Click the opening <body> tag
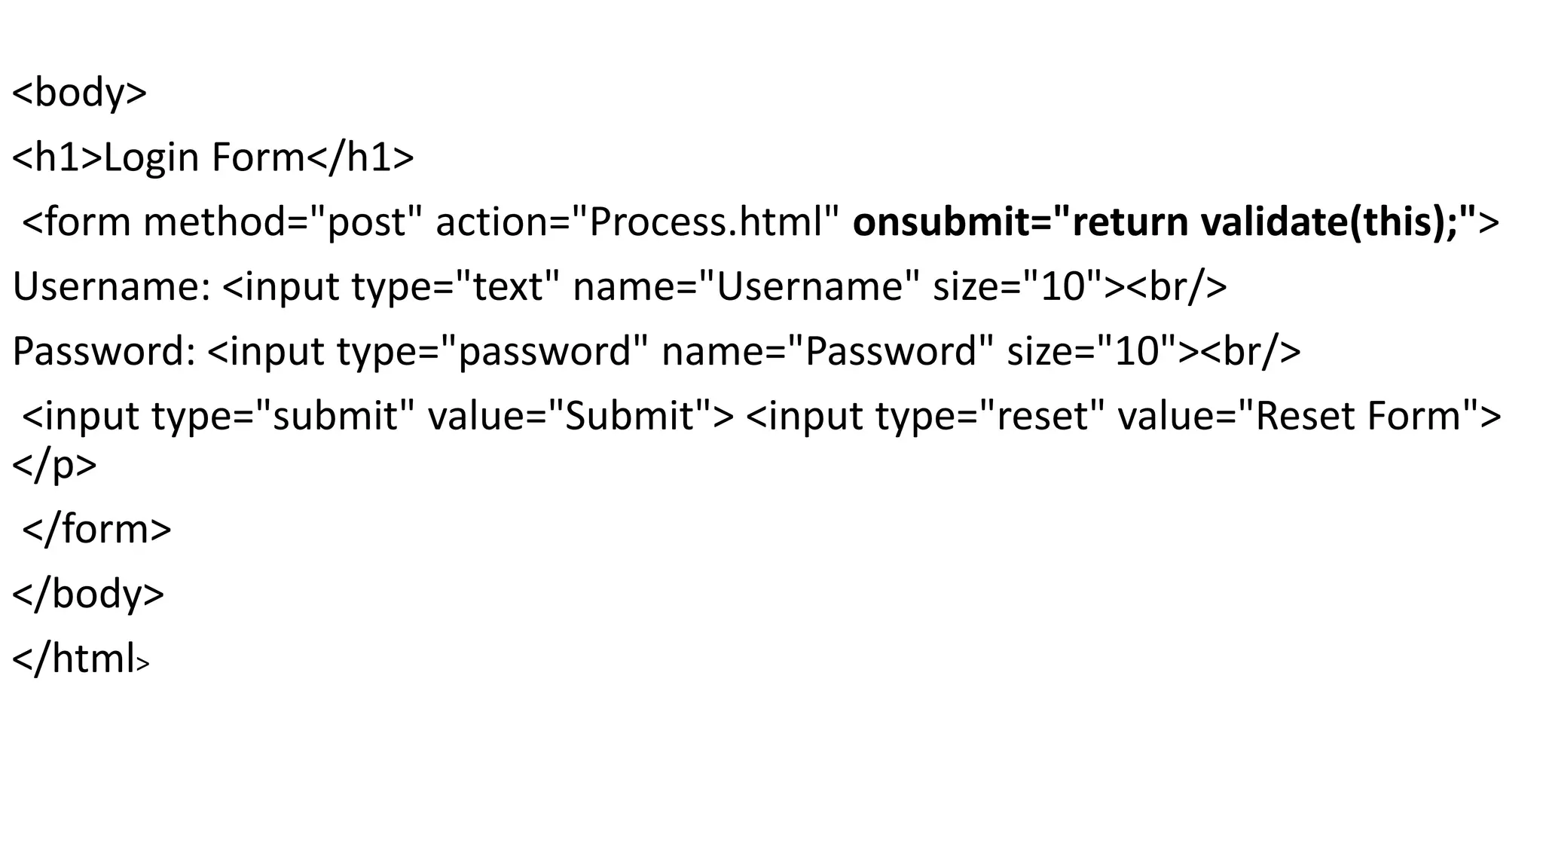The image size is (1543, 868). pos(79,93)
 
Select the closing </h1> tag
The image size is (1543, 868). pos(360,158)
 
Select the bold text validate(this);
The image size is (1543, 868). pos(1329,223)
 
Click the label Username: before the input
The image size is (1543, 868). pos(112,288)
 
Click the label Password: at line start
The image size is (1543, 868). pos(104,352)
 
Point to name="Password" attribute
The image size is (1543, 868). pos(828,352)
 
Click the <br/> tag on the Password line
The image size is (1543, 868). pos(1251,352)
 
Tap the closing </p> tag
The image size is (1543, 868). pos(54,465)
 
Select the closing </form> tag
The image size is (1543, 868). pos(96,530)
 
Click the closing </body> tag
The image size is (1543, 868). pos(87,594)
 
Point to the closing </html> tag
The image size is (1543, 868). pos(81,659)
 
